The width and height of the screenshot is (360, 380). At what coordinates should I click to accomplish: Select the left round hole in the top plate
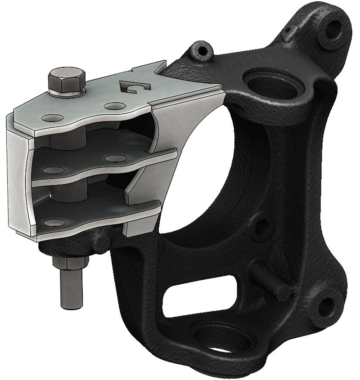click(52, 118)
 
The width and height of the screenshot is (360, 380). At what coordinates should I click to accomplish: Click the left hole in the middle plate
click(55, 170)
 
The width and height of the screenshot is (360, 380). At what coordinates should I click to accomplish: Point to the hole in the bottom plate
click(55, 223)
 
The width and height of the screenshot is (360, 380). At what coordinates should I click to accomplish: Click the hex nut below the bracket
click(71, 263)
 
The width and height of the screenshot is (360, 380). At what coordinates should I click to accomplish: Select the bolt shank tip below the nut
click(71, 297)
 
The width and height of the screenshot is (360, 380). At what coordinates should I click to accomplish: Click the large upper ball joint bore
click(270, 83)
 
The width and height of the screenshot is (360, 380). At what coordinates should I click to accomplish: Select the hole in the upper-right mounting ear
click(334, 30)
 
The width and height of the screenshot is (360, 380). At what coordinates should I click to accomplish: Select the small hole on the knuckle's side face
click(261, 227)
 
